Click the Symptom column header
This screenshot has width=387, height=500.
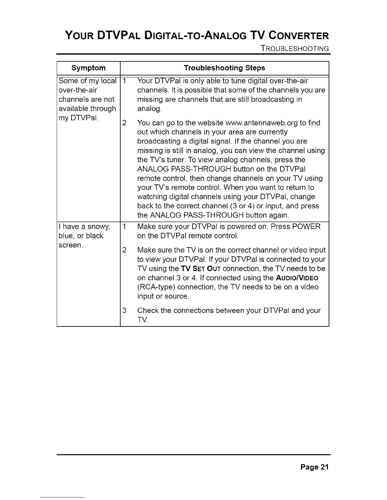pyautogui.click(x=89, y=68)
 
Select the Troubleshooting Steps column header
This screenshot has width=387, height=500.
pyautogui.click(x=224, y=68)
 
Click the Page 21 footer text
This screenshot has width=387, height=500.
pyautogui.click(x=315, y=467)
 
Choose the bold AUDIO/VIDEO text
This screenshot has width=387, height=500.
pyautogui.click(x=297, y=278)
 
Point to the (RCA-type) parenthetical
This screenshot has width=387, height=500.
pyautogui.click(x=156, y=287)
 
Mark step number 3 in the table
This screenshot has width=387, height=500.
pyautogui.click(x=124, y=311)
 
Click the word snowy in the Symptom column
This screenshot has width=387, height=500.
pyautogui.click(x=98, y=227)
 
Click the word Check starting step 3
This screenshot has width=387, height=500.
pyautogui.click(x=148, y=311)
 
